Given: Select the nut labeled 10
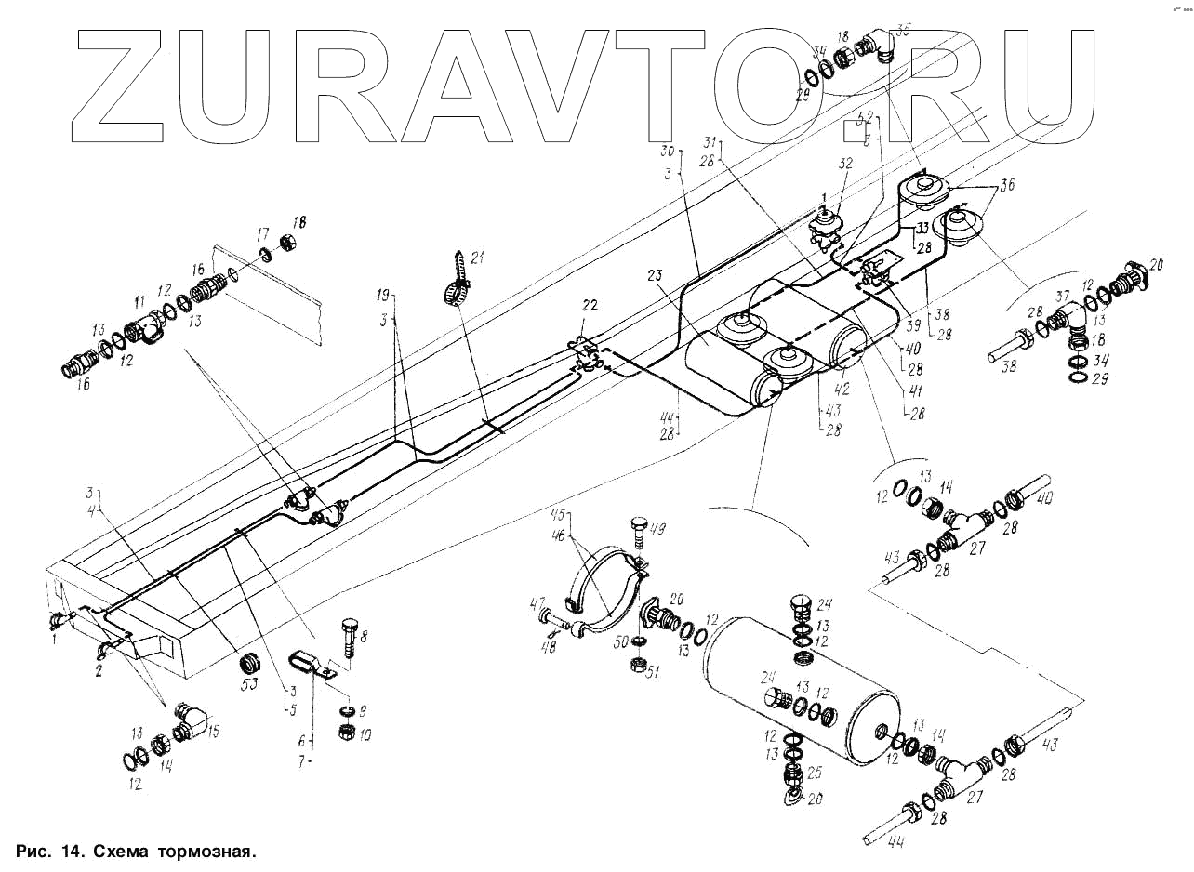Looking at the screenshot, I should (x=342, y=733).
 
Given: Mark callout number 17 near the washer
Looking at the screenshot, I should (x=262, y=234).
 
